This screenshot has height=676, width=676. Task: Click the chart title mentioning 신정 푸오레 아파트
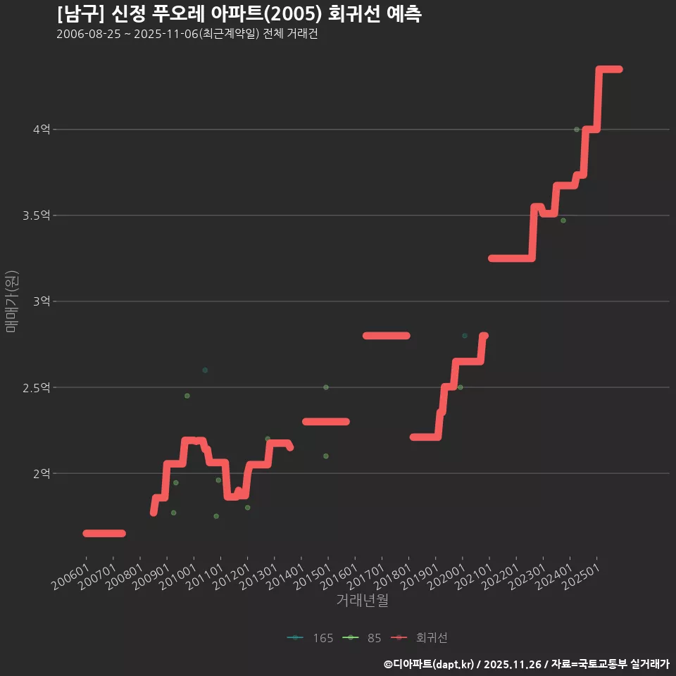[x=239, y=14]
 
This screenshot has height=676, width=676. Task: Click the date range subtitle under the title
[x=187, y=34]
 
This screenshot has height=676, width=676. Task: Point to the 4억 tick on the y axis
[x=41, y=130]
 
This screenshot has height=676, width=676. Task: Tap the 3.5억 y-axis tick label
[x=36, y=215]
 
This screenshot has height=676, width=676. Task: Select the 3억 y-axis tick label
[x=41, y=301]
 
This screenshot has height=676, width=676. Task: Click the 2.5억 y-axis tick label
[x=36, y=387]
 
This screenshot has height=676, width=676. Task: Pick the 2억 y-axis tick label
[x=41, y=473]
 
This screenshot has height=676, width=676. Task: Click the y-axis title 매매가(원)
[x=11, y=301]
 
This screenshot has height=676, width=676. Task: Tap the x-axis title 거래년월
[x=363, y=600]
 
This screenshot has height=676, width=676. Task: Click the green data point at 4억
[x=577, y=130]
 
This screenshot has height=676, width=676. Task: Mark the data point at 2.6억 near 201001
[x=205, y=370]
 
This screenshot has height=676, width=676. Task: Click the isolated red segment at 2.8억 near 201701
[x=386, y=336]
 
